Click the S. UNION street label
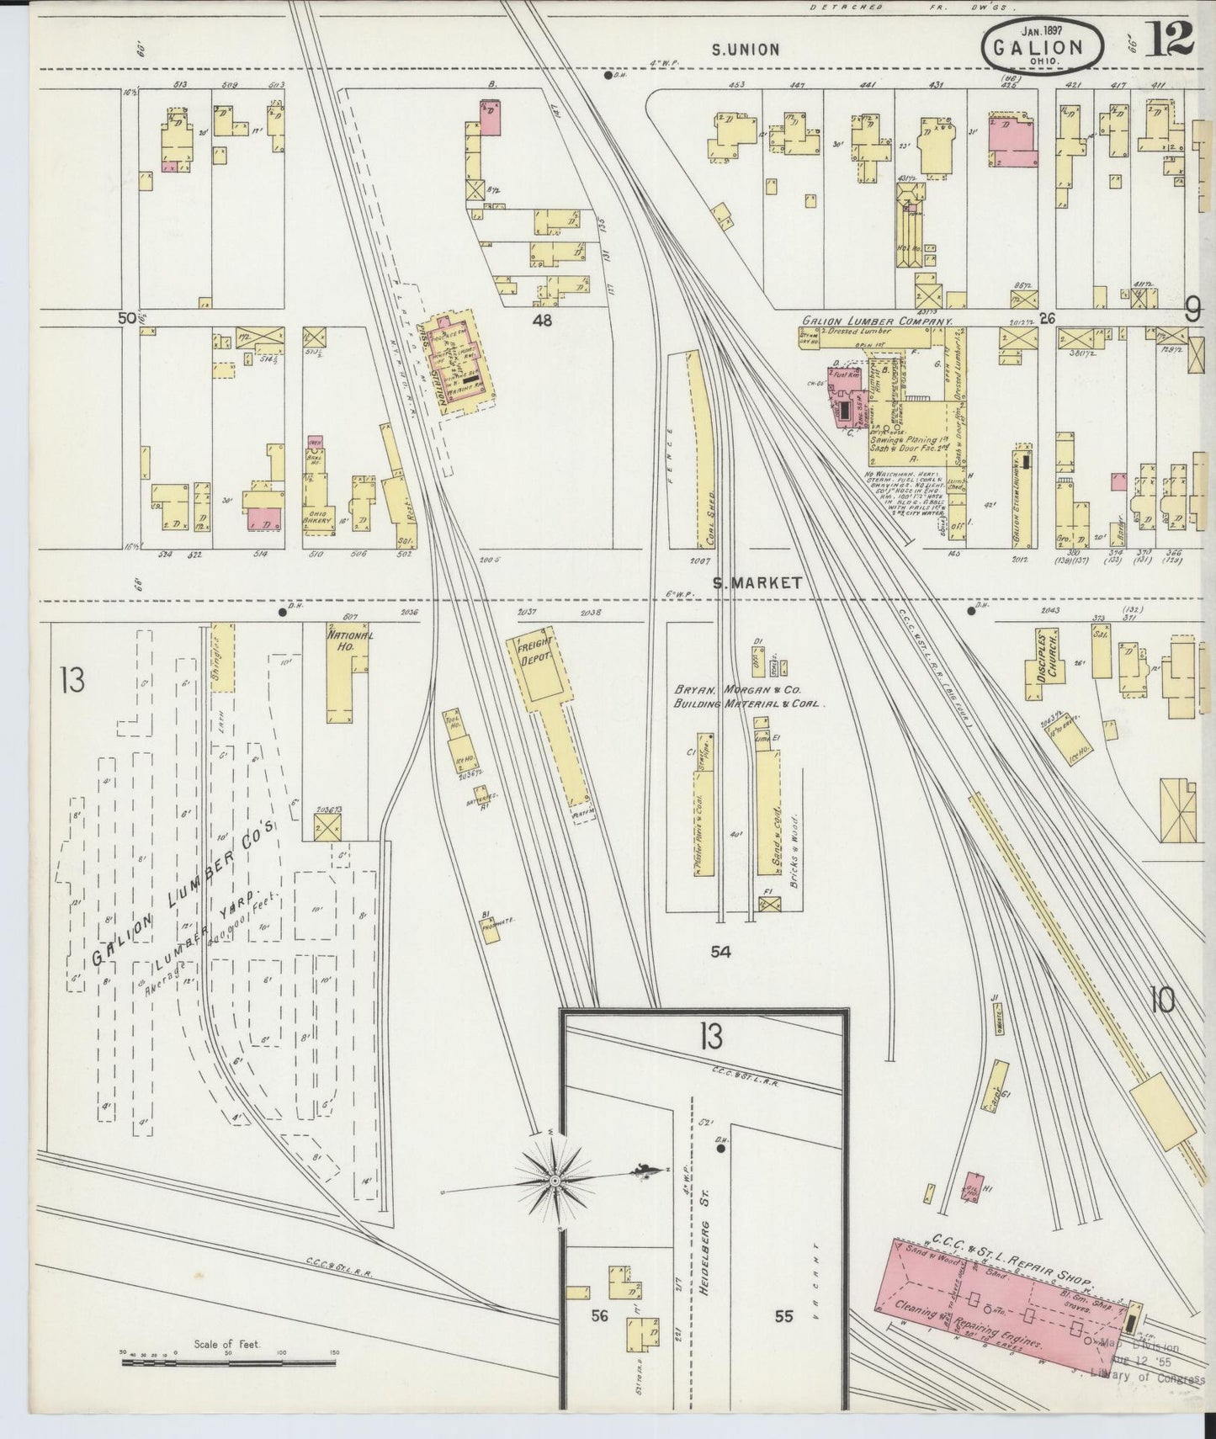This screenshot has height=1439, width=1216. click(x=746, y=50)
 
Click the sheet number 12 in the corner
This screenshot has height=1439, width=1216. click(x=1172, y=38)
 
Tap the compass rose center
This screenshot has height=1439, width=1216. click(x=555, y=1181)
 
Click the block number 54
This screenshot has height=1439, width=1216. click(x=720, y=952)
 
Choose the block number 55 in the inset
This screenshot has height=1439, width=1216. click(x=783, y=1315)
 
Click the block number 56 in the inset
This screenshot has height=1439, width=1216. click(x=599, y=1315)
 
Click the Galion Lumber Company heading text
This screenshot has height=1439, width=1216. click(x=875, y=321)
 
